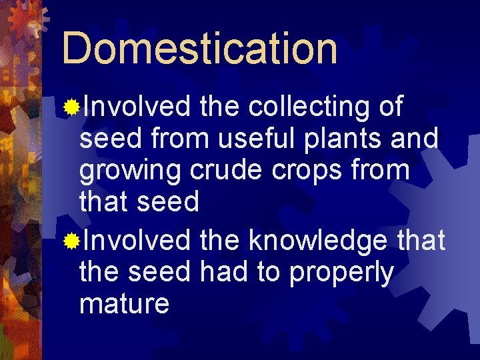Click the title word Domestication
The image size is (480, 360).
(199, 48)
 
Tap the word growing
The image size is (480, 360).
(131, 171)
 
